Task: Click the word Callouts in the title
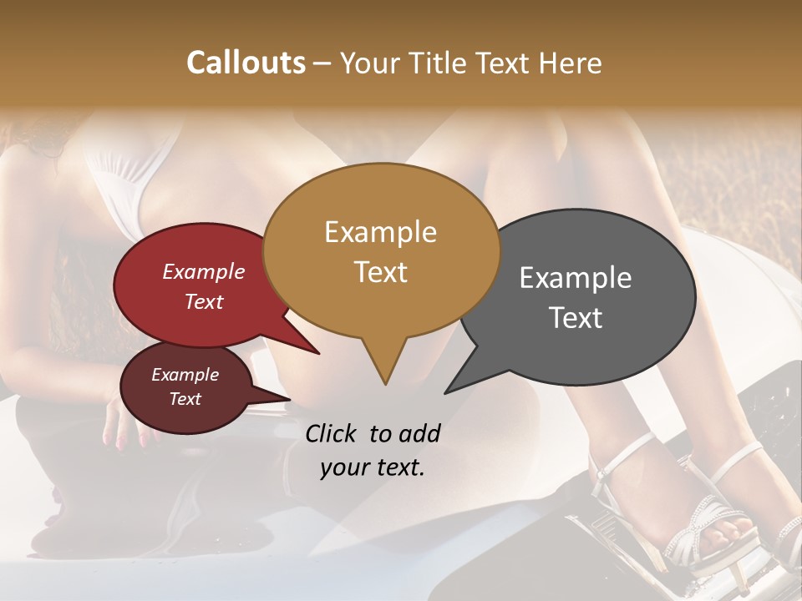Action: (x=246, y=63)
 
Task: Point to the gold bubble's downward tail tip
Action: (x=385, y=384)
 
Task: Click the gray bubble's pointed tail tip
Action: (x=446, y=392)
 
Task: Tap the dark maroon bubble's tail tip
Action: (x=289, y=399)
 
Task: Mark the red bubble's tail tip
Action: (x=319, y=353)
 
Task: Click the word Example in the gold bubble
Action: (x=380, y=231)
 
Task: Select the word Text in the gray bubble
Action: (x=576, y=318)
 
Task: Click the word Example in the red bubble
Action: (x=204, y=271)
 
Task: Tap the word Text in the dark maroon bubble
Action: (x=185, y=399)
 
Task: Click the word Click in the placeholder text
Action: (x=332, y=433)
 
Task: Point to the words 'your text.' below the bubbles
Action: (x=373, y=467)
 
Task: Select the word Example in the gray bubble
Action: (x=576, y=278)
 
